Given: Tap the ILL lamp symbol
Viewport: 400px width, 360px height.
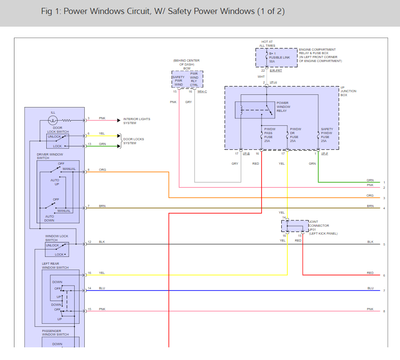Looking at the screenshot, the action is tap(53, 120).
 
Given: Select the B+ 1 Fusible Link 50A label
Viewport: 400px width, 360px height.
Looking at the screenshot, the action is tap(279, 57).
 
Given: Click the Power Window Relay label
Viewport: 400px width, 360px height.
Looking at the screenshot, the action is tap(283, 107).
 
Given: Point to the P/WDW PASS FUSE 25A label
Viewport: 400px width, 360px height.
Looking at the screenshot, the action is tap(269, 135).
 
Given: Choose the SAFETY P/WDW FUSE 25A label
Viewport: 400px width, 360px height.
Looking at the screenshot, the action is tap(327, 135).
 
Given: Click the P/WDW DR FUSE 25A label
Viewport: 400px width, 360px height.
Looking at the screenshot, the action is tap(295, 135).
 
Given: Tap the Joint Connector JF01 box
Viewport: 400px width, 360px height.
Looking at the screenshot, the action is tap(295, 226).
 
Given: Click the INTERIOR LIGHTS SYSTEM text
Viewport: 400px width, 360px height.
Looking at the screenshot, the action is tap(137, 121).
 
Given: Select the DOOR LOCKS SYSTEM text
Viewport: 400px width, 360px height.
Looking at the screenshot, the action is tap(134, 141).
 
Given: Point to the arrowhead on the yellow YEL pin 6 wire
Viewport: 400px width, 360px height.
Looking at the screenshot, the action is tap(119, 136).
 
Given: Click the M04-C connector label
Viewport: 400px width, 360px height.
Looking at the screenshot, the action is tap(202, 92).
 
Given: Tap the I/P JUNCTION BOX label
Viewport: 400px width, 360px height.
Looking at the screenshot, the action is tap(348, 91).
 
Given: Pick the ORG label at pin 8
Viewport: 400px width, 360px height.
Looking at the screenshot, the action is tap(102, 170).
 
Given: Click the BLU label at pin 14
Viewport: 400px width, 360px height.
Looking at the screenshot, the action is tap(102, 288).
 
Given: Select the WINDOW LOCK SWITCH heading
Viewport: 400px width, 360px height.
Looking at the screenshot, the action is tap(57, 238).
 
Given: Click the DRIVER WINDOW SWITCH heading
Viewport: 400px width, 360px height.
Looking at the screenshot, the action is tap(50, 156).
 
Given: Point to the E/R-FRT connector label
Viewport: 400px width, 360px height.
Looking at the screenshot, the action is tap(276, 70).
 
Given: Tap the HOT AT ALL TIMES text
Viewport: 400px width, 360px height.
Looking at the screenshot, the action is tap(267, 44).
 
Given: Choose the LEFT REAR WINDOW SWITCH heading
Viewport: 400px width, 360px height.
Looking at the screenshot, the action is tap(55, 266).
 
